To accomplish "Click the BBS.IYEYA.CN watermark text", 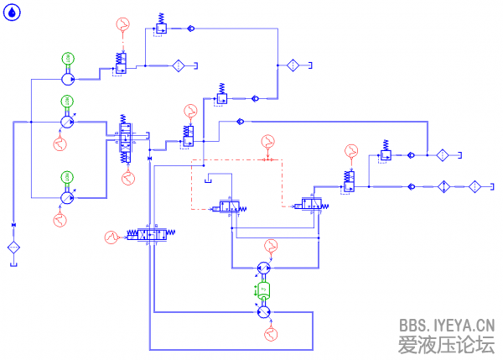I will pyautogui.click(x=446, y=325).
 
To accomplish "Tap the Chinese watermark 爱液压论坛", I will pyautogui.click(x=446, y=343).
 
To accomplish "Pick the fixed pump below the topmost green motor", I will pyautogui.click(x=67, y=78).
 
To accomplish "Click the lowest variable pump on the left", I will pyautogui.click(x=67, y=197).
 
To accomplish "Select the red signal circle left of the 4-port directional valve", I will pyautogui.click(x=111, y=237).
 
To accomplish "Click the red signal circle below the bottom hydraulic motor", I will pyautogui.click(x=270, y=334).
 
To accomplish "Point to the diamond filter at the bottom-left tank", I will pyautogui.click(x=13, y=247).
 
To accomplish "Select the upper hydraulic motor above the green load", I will pyautogui.click(x=263, y=269).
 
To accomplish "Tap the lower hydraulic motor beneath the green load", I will pyautogui.click(x=263, y=311).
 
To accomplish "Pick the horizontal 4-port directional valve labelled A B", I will pyautogui.click(x=153, y=237).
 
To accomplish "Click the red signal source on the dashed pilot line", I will pyautogui.click(x=267, y=140).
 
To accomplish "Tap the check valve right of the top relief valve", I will pyautogui.click(x=190, y=29).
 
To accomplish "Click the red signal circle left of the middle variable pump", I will pyautogui.click(x=60, y=144).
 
